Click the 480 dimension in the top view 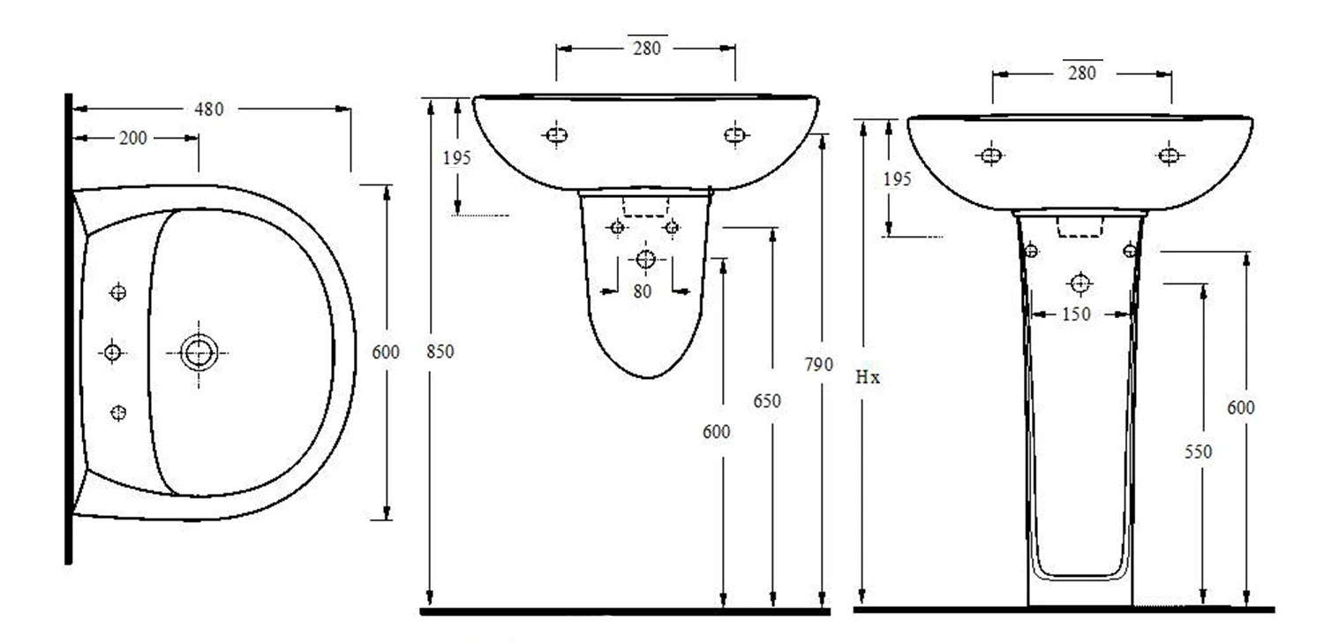209,110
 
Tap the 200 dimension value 133,139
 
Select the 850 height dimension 440,352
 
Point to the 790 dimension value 818,364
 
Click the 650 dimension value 767,402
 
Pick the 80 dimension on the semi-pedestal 643,291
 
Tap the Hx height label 868,377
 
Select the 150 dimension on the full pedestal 1076,314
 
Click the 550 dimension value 1198,451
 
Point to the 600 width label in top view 386,352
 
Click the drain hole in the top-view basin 199,353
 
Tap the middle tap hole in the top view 112,353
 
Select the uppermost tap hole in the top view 119,292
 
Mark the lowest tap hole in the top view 119,413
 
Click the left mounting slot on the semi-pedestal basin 555,135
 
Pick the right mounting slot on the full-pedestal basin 1169,155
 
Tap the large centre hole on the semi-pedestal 645,259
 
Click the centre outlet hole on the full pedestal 1080,284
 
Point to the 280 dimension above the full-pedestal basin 1082,73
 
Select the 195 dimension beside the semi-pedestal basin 457,158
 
